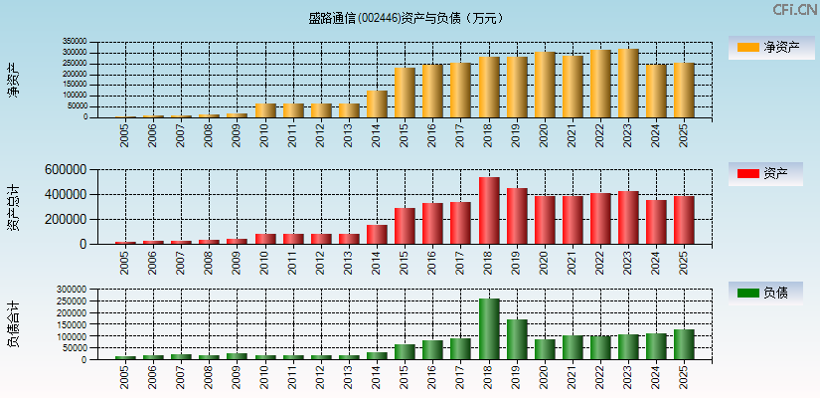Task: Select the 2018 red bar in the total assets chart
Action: pos(489,211)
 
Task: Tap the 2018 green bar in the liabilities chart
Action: pos(489,329)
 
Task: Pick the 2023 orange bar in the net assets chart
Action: pos(628,84)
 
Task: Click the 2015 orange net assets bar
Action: pos(405,93)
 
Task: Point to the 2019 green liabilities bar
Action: pos(517,339)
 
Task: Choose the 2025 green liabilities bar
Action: pos(684,344)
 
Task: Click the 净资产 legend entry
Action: pos(765,47)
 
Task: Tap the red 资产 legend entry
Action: pos(765,174)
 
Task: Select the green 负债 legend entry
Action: pos(765,293)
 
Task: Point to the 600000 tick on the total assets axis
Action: pos(63,170)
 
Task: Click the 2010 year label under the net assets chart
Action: pos(265,135)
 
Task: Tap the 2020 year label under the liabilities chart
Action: pos(545,377)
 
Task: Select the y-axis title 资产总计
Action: pos(13,206)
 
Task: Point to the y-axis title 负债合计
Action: pos(13,323)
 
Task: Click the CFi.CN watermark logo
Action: pos(794,10)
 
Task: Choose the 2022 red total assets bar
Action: pos(600,219)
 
